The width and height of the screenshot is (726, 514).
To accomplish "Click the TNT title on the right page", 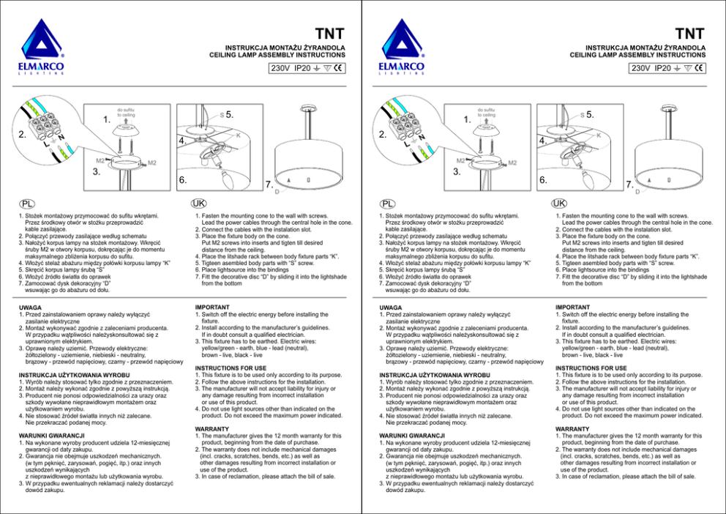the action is coord(690,34).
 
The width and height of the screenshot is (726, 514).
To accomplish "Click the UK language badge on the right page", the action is coord(558,202).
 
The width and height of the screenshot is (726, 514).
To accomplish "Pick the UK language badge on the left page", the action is coord(198,202).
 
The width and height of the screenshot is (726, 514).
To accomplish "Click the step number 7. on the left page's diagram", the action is coord(269,183).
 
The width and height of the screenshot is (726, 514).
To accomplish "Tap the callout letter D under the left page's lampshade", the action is coord(276,192).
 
